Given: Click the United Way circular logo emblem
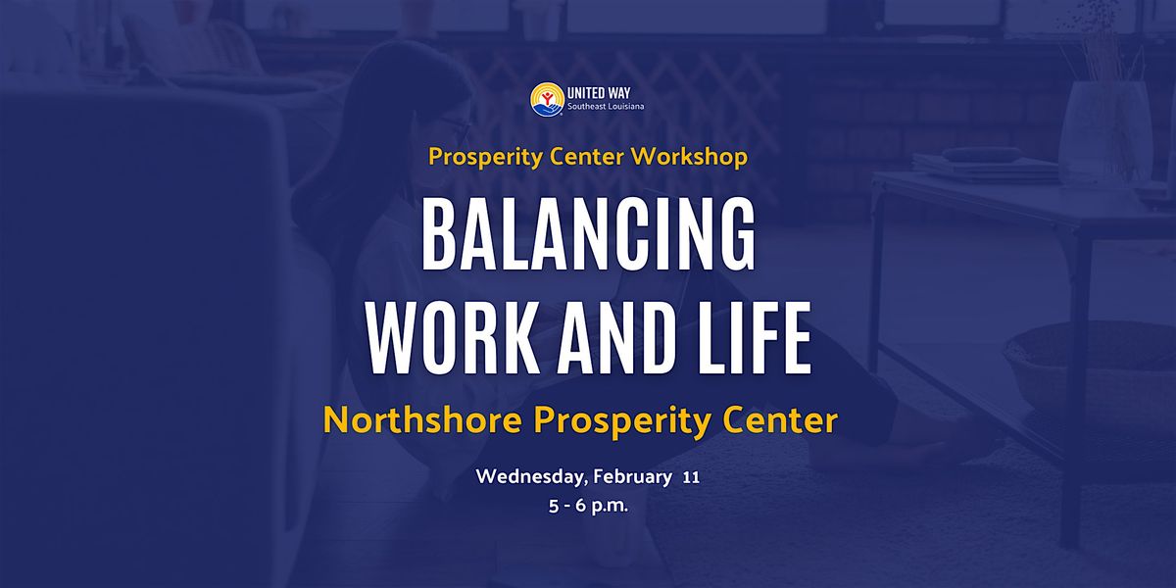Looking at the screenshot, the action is pyautogui.click(x=547, y=99).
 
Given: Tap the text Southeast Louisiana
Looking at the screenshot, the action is pyautogui.click(x=606, y=107).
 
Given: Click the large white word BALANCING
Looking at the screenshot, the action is pyautogui.click(x=589, y=233).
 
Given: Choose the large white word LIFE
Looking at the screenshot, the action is pyautogui.click(x=755, y=338).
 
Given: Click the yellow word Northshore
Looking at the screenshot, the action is pyautogui.click(x=422, y=420).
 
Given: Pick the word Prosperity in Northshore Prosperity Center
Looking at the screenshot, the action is pyautogui.click(x=621, y=421).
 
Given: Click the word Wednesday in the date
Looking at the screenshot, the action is pyautogui.click(x=532, y=477).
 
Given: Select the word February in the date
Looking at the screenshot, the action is pyautogui.click(x=633, y=477).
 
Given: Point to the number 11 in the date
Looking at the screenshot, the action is pyautogui.click(x=692, y=478).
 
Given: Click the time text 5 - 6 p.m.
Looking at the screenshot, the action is pyautogui.click(x=589, y=506).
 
